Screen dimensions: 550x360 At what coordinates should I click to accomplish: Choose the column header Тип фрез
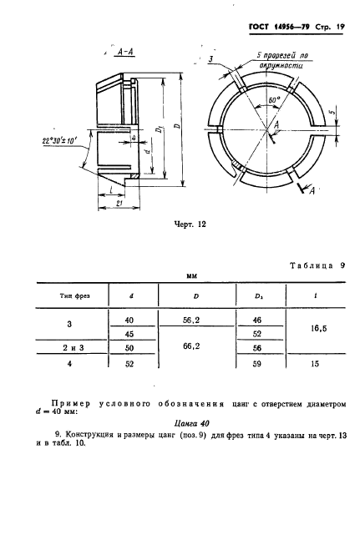(x=69, y=296)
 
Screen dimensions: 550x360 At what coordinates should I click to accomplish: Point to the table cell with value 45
(x=129, y=334)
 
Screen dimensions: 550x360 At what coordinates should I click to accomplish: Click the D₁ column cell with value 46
(x=256, y=320)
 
